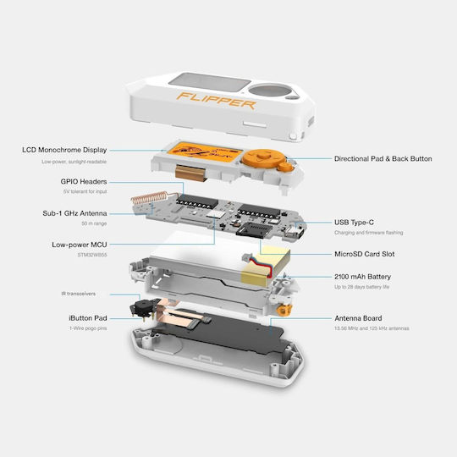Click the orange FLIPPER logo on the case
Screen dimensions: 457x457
click(216, 101)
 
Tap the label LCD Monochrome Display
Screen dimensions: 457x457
click(64, 150)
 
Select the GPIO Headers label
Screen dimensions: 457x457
click(84, 182)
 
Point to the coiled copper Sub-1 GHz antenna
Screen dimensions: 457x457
click(149, 197)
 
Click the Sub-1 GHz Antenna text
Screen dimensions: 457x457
click(74, 213)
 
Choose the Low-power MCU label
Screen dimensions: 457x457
click(80, 245)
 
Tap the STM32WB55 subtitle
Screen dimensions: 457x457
click(92, 255)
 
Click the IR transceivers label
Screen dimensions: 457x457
click(79, 294)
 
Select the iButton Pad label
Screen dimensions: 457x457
click(88, 318)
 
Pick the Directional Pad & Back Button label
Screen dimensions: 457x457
click(383, 159)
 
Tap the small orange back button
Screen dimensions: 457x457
click(284, 167)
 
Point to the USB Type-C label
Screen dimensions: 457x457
click(354, 223)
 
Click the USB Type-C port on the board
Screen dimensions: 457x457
click(295, 232)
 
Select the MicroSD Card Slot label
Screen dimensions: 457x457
click(364, 254)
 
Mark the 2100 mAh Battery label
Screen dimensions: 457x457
click(362, 277)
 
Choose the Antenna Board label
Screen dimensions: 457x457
click(358, 318)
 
